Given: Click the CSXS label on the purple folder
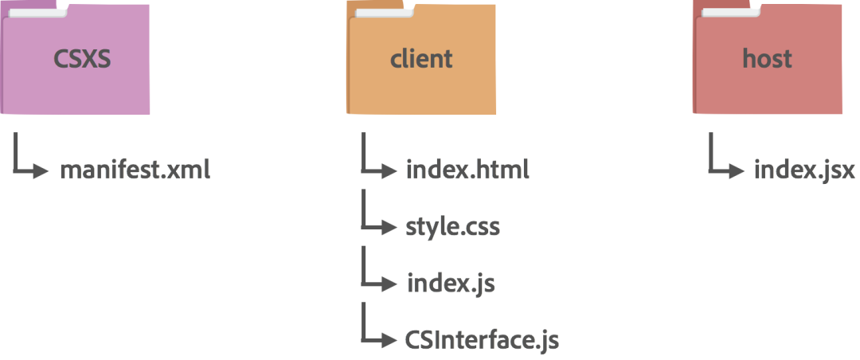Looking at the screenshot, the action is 83,58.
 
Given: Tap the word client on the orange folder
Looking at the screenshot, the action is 421,58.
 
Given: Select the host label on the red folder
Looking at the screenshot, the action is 767,58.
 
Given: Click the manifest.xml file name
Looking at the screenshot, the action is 135,170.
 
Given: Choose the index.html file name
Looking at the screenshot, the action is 467,170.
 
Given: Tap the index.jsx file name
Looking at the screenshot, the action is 804,170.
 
